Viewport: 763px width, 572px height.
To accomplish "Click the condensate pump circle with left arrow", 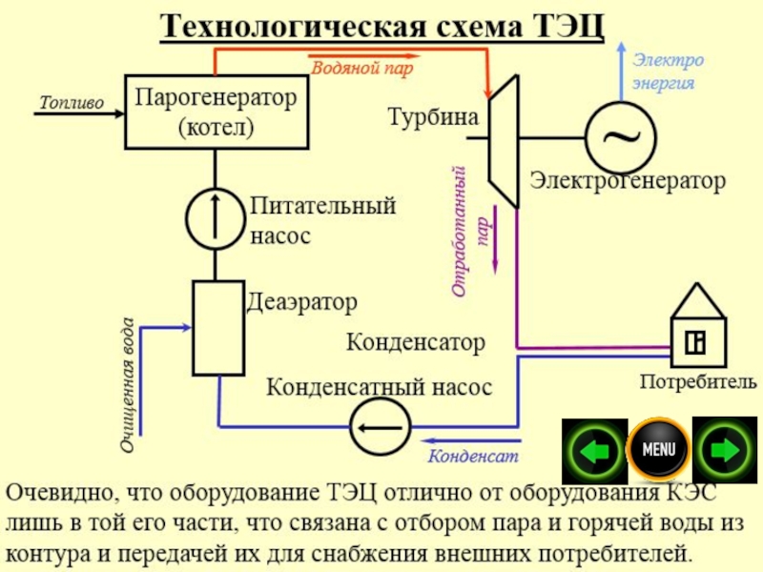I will coord(381,427).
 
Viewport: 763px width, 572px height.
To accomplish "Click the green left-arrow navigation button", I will coord(594,449).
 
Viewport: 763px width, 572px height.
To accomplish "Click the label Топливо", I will coord(72,102).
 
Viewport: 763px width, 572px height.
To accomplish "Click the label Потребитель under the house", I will coord(698,382).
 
